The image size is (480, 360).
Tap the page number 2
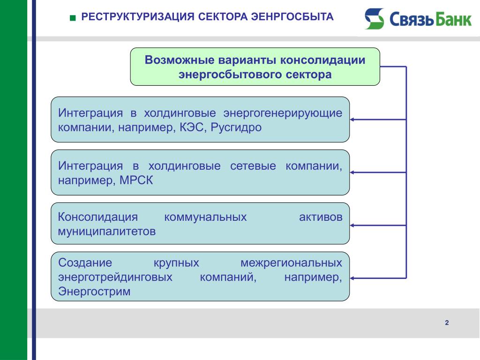click(447, 322)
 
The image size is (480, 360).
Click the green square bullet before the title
click(73, 18)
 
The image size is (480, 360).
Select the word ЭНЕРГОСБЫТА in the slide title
click(292, 16)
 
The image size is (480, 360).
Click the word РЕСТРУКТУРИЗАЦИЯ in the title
click(138, 16)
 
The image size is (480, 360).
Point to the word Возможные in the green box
click(180, 60)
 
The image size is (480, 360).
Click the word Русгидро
click(236, 127)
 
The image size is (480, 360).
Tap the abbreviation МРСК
click(136, 180)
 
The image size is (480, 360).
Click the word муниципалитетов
click(107, 232)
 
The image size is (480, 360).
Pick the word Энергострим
click(94, 291)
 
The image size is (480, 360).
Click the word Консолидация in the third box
click(98, 217)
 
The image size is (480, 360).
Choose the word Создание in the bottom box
click(85, 262)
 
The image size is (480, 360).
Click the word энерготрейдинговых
click(115, 277)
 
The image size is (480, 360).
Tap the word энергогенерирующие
click(283, 113)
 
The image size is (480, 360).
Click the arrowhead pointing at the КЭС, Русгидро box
click(352, 120)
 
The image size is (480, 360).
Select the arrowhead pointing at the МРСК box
click(352, 172)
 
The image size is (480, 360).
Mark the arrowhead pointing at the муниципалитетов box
click(352, 225)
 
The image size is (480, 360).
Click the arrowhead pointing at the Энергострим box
click(352, 278)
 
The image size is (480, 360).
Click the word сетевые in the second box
click(253, 166)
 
